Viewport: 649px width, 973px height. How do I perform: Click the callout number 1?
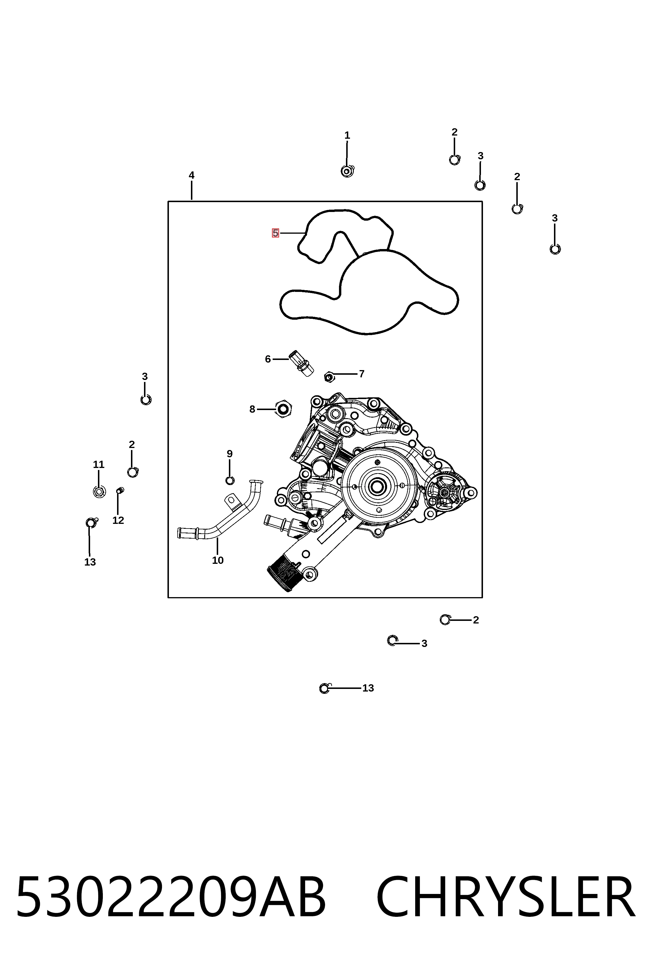[347, 135]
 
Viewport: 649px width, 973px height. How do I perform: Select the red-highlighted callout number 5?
[275, 233]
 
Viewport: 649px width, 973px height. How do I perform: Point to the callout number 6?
[268, 359]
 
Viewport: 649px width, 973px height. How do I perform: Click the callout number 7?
[362, 374]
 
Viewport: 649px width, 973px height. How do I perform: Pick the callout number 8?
[252, 409]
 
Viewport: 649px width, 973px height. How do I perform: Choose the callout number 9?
[230, 454]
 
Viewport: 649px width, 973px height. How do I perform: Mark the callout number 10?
[218, 561]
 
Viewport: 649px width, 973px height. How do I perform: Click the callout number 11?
[99, 464]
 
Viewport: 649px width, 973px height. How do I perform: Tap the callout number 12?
[118, 520]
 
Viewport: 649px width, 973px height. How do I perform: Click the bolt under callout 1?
[347, 171]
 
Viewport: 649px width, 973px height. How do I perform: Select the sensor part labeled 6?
[302, 364]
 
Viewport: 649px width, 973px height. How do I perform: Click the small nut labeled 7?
[329, 377]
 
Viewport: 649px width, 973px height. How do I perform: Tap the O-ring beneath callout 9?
[230, 480]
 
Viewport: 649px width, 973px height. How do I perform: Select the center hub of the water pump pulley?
[377, 486]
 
